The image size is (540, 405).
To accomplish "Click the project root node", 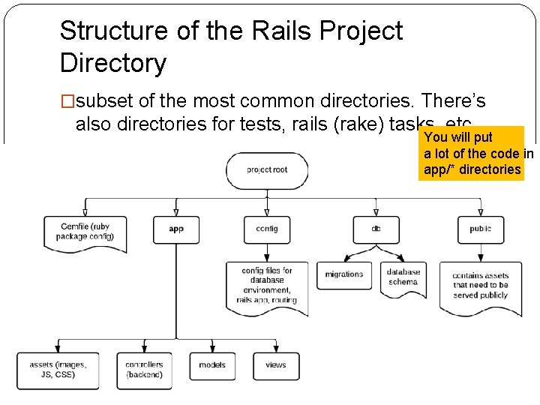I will (x=268, y=170).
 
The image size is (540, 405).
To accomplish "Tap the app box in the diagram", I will (x=176, y=229).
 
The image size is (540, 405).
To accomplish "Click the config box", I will (x=267, y=229).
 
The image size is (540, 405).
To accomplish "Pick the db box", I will (x=376, y=229).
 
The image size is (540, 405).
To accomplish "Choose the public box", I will (x=480, y=229).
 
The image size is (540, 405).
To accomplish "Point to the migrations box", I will (x=343, y=274).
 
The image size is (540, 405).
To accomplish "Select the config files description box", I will (x=267, y=286).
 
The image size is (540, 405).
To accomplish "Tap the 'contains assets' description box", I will (x=480, y=285).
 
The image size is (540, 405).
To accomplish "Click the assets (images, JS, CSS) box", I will (x=58, y=370).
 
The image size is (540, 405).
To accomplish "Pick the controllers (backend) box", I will (x=145, y=370).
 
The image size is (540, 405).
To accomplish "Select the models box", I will (x=212, y=366).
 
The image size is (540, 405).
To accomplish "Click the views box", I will (x=275, y=366).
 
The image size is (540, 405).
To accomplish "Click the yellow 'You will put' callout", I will (x=471, y=154).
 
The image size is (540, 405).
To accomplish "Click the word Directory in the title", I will (x=112, y=63).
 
